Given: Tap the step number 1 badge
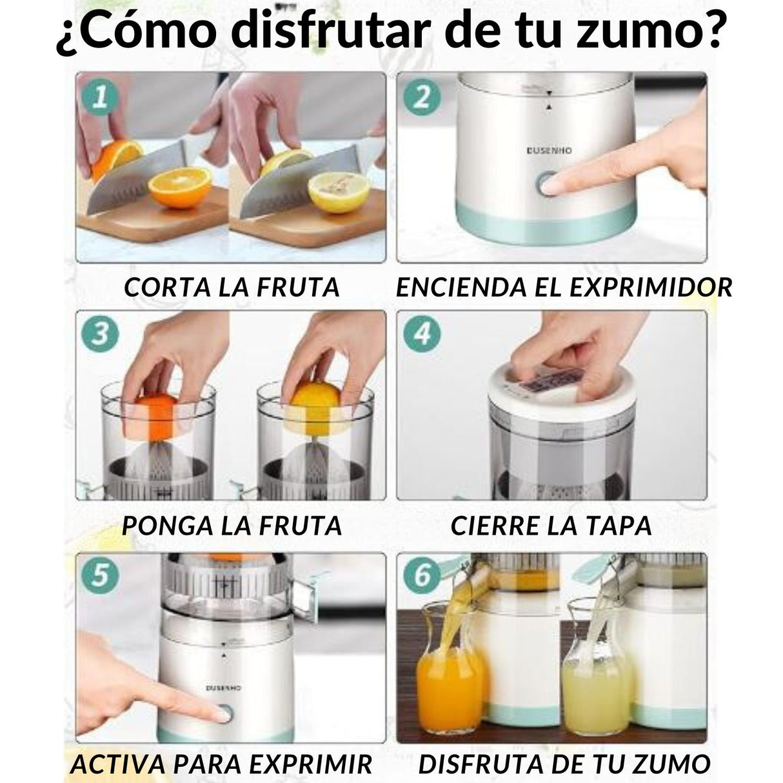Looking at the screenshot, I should point(100,97).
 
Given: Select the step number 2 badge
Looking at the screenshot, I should point(421,97).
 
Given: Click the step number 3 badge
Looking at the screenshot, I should point(100,335).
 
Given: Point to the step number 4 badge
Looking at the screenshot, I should point(421,335).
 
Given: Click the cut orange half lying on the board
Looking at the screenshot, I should point(180,188).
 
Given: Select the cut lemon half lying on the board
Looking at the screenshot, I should point(339,191).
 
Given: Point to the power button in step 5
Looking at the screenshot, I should point(223,713).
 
